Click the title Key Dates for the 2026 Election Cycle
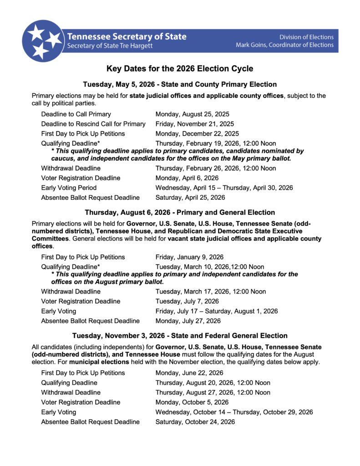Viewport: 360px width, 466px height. (x=180, y=69)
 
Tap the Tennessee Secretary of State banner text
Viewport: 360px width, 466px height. (x=127, y=37)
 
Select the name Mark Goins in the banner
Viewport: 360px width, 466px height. (x=254, y=45)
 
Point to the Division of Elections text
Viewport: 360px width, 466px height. (x=306, y=37)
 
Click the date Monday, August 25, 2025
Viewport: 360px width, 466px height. (x=192, y=114)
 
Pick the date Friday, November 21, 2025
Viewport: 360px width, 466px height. (x=194, y=124)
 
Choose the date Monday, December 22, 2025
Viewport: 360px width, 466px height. (x=197, y=134)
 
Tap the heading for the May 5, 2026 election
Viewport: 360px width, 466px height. (x=180, y=84)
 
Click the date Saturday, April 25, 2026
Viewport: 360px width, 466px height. (x=190, y=198)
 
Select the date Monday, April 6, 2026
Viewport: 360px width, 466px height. (x=187, y=178)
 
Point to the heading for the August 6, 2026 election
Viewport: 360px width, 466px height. (x=180, y=213)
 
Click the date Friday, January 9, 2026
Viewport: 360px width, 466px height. (x=189, y=257)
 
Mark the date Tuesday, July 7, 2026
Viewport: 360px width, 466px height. (x=187, y=301)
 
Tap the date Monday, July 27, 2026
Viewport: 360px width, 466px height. (x=188, y=321)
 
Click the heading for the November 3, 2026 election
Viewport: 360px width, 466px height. (x=180, y=336)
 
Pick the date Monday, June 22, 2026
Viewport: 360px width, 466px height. (x=189, y=373)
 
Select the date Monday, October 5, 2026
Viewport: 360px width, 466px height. (x=192, y=402)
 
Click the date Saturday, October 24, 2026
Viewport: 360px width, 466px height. (x=195, y=422)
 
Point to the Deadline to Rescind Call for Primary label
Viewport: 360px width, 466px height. (x=93, y=124)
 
